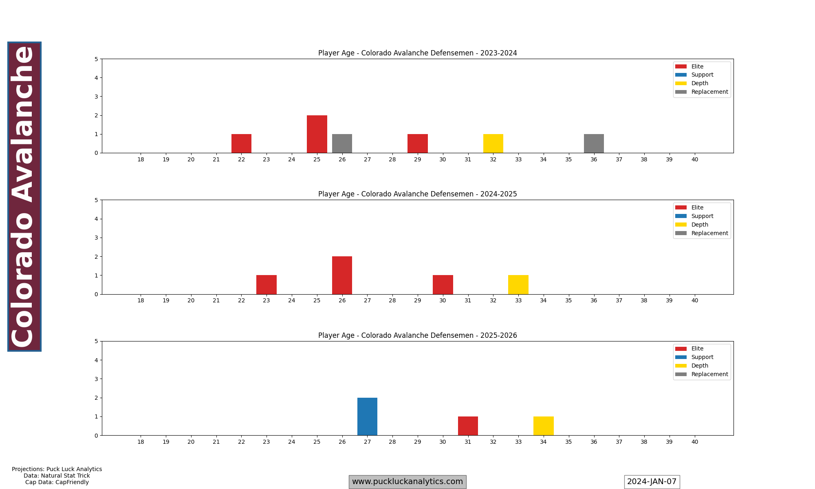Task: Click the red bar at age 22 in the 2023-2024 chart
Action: pyautogui.click(x=241, y=143)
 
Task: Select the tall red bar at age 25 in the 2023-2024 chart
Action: pyautogui.click(x=317, y=134)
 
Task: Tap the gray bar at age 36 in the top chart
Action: pyautogui.click(x=594, y=143)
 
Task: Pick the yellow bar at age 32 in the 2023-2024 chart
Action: pyautogui.click(x=493, y=143)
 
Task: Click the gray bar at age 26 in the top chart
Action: pyautogui.click(x=342, y=143)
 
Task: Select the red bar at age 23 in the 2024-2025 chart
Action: pyautogui.click(x=267, y=284)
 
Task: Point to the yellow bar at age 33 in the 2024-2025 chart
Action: pyautogui.click(x=518, y=284)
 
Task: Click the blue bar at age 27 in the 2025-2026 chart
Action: pyautogui.click(x=367, y=416)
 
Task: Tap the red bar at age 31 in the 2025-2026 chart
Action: pyautogui.click(x=468, y=426)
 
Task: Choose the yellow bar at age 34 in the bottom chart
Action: pyautogui.click(x=543, y=426)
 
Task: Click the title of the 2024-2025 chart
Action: pyautogui.click(x=417, y=194)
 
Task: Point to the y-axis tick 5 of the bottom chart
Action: pyautogui.click(x=96, y=341)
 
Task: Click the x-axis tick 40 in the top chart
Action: pyautogui.click(x=694, y=159)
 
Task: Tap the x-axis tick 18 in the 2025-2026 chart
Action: pyautogui.click(x=141, y=442)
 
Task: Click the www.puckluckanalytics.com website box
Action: pyautogui.click(x=407, y=482)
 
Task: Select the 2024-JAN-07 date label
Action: pyautogui.click(x=652, y=482)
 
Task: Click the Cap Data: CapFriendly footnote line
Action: pyautogui.click(x=57, y=482)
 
